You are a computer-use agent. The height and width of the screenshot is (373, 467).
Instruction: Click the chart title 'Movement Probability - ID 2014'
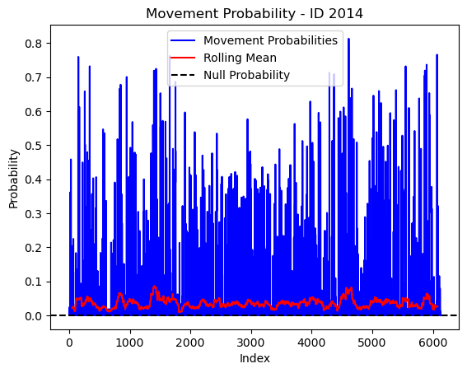[255, 14]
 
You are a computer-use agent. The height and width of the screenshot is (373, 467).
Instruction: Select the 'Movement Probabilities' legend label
[270, 40]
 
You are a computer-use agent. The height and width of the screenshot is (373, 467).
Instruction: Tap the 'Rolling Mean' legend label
[240, 58]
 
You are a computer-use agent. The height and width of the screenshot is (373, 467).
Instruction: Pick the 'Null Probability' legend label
[246, 75]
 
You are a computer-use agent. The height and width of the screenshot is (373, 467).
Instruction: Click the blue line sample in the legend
[183, 40]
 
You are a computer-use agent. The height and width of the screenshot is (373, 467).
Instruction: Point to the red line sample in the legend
[183, 58]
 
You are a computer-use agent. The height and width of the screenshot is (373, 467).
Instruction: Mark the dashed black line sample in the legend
[183, 75]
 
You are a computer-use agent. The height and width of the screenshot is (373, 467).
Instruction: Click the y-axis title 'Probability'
[14, 179]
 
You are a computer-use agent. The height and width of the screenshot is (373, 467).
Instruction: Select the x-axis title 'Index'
[255, 358]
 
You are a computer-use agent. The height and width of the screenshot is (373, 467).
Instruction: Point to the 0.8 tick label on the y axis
[33, 44]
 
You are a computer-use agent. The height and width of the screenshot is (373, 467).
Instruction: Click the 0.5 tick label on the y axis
[33, 146]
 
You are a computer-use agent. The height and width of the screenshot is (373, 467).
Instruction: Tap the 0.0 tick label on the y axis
[33, 316]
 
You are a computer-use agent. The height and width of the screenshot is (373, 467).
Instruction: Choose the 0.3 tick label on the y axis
[33, 214]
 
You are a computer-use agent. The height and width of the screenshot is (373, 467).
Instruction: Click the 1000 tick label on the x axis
[129, 343]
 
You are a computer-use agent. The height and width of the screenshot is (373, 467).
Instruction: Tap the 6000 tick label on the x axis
[432, 343]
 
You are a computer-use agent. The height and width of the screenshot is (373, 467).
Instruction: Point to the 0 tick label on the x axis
[69, 343]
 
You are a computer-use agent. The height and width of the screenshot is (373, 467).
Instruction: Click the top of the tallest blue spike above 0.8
[348, 39]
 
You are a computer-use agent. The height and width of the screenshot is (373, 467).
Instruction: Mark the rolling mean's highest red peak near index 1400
[154, 287]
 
